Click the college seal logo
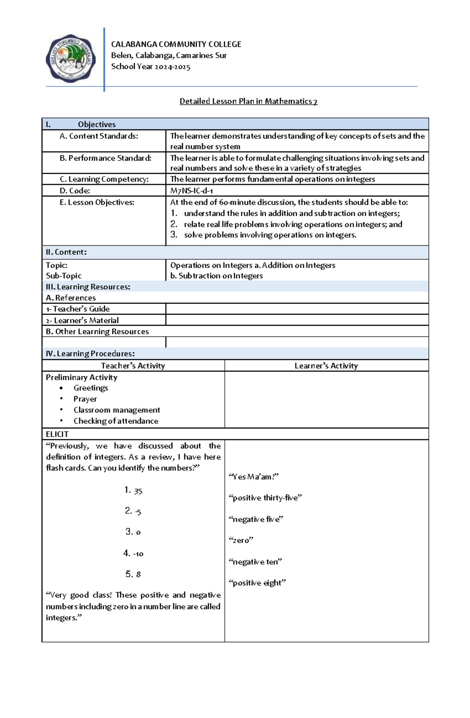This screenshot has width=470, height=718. (x=70, y=59)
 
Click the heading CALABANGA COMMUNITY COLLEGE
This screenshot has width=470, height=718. (x=176, y=44)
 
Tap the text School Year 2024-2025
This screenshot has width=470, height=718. (x=150, y=67)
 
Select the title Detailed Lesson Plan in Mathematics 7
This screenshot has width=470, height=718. (x=248, y=101)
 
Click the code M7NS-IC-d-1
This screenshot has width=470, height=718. (x=192, y=191)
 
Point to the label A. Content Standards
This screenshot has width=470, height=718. (x=99, y=136)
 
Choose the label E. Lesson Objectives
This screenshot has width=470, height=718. (x=97, y=202)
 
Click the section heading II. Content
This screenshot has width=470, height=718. (x=66, y=252)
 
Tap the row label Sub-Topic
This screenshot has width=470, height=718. (x=63, y=276)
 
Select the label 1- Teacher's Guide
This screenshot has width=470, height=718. (x=78, y=309)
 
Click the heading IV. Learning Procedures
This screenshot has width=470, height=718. (x=90, y=354)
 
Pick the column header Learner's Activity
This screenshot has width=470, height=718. (x=326, y=366)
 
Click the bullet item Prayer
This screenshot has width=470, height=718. (x=85, y=399)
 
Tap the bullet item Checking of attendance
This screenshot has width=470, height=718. (x=116, y=421)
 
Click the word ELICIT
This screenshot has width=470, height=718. (x=57, y=434)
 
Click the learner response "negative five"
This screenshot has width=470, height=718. (x=255, y=519)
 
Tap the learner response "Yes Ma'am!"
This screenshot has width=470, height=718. (x=253, y=477)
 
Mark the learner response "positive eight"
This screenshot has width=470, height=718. (x=257, y=583)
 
